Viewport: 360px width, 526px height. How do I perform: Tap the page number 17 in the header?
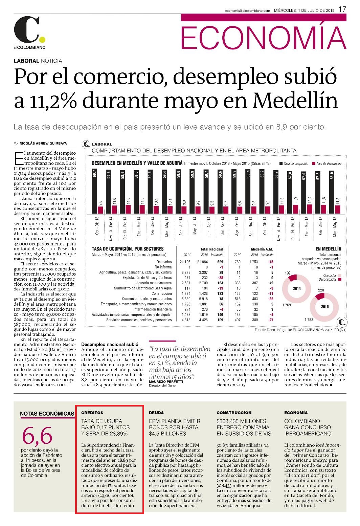pyautogui.click(x=342, y=9)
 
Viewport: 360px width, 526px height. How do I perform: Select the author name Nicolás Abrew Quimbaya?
pyautogui.click(x=43, y=143)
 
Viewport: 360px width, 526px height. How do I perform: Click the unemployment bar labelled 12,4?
pyautogui.click(x=310, y=209)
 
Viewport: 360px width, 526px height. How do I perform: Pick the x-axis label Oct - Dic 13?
pyautogui.click(x=97, y=226)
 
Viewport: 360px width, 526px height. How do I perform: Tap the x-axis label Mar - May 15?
pyautogui.click(x=335, y=226)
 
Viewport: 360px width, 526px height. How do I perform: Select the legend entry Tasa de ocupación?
pyautogui.click(x=294, y=163)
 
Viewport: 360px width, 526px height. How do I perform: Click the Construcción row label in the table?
pyautogui.click(x=161, y=293)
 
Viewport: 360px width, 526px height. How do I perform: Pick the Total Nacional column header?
pyautogui.click(x=212, y=249)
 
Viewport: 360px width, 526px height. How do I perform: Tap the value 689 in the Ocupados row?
pyautogui.click(x=220, y=262)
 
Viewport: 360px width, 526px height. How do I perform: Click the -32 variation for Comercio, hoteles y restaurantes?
pyautogui.click(x=271, y=299)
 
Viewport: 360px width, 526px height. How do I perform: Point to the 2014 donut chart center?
pyautogui.click(x=297, y=289)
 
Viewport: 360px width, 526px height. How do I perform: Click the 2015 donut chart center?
pyautogui.click(x=324, y=307)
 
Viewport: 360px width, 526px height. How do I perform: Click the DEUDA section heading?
pyautogui.click(x=156, y=413)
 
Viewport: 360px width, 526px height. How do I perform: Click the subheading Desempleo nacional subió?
pyautogui.click(x=110, y=345)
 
